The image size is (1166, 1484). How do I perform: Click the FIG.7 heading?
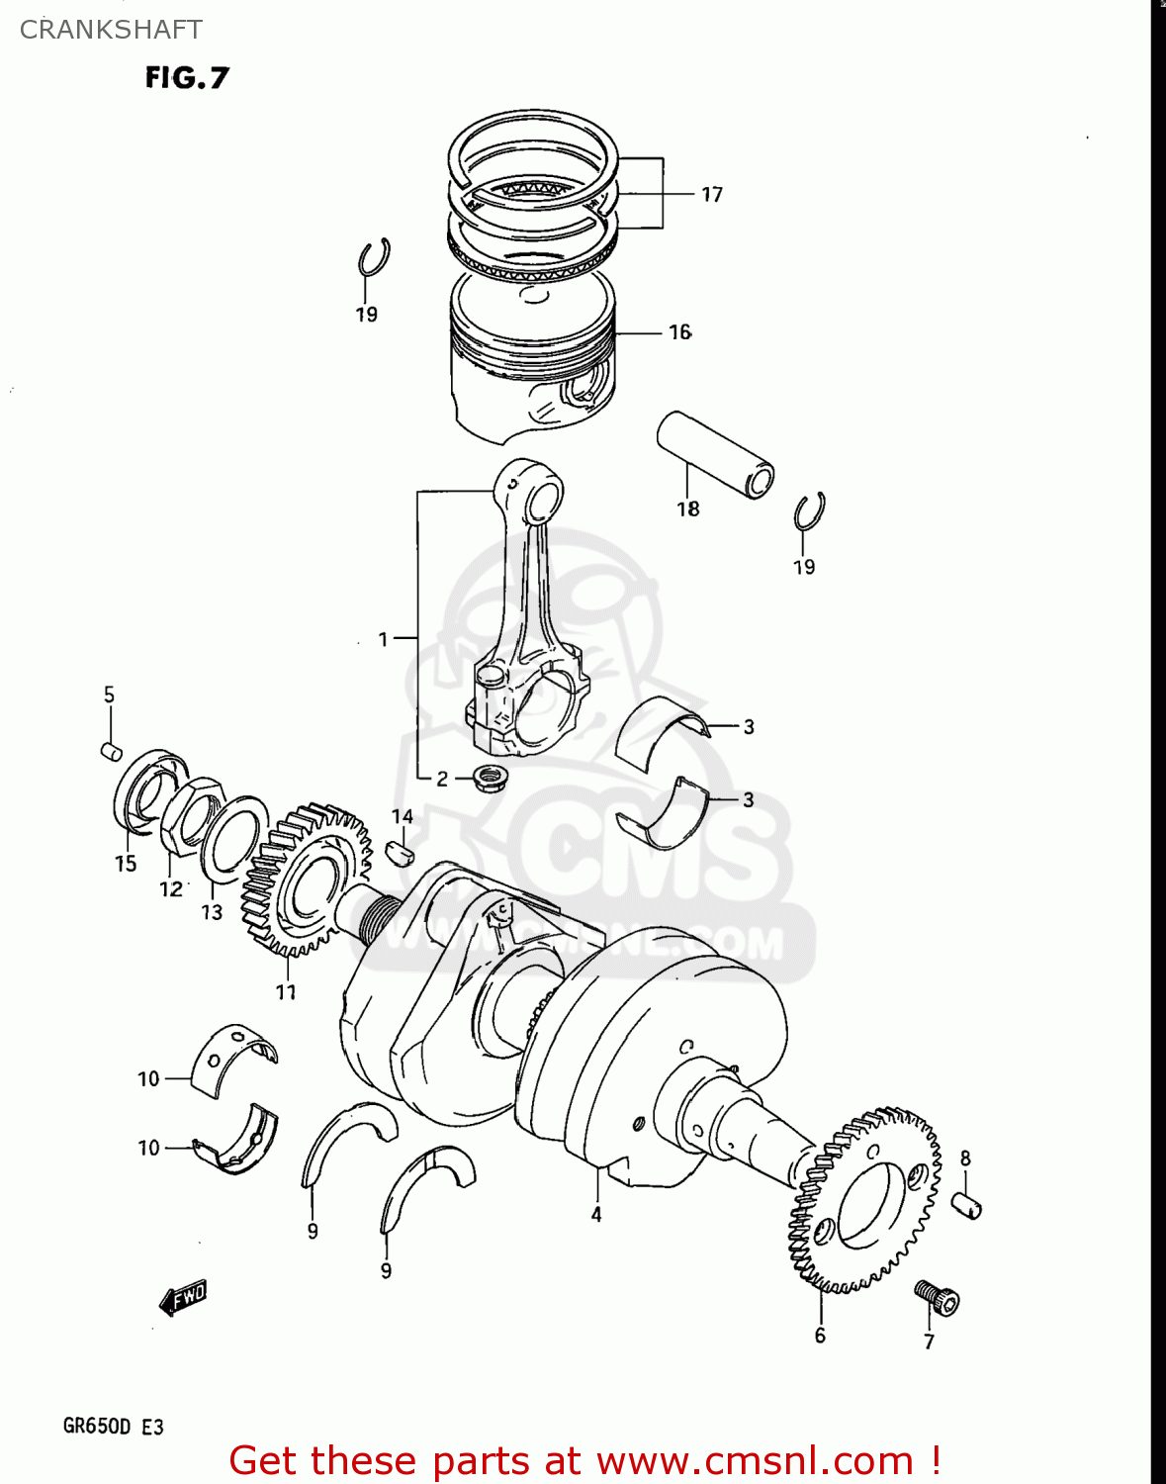tap(187, 77)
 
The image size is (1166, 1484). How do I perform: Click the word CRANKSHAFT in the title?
tap(111, 30)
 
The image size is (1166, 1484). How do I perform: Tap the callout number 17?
tap(712, 195)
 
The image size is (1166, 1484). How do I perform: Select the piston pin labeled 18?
tap(715, 454)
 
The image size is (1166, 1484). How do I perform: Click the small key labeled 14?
tap(401, 852)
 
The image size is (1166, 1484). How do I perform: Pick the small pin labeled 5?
tap(112, 751)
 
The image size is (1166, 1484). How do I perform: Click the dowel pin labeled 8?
tap(966, 1205)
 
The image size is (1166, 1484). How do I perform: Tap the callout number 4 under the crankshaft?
tap(596, 1214)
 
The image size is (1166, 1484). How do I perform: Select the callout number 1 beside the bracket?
tap(384, 640)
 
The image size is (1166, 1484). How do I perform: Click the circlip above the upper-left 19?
tap(374, 258)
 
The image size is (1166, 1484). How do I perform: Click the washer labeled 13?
tap(234, 839)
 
